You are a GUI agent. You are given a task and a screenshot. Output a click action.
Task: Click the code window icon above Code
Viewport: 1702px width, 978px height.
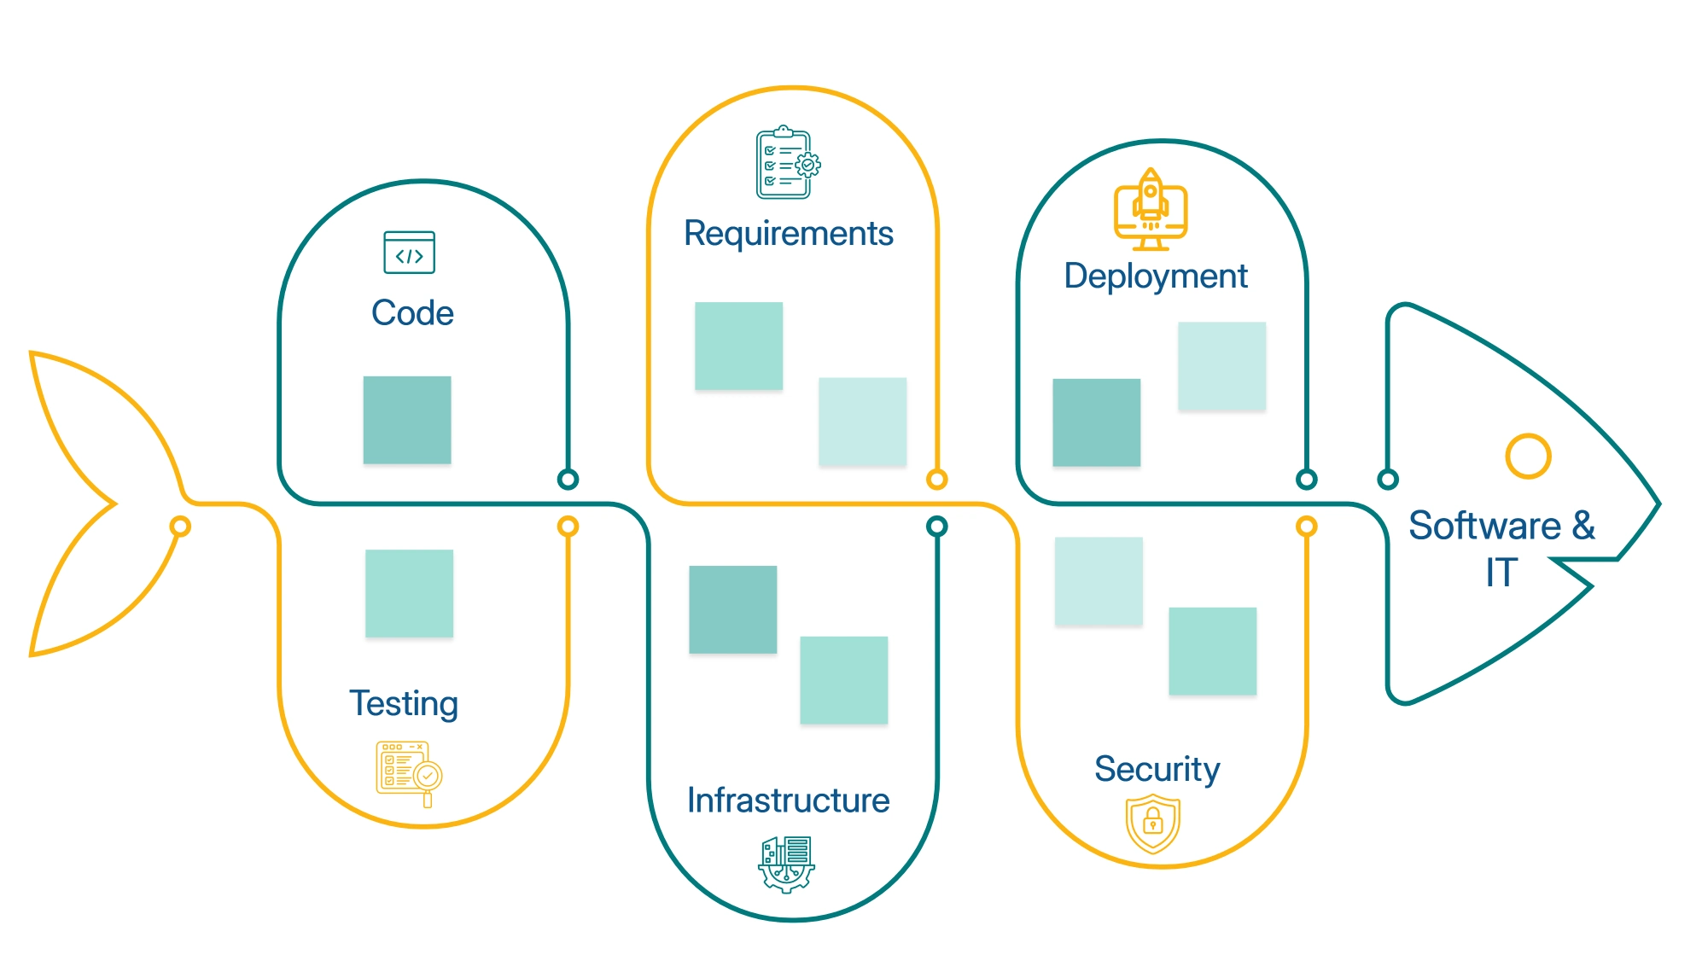pyautogui.click(x=409, y=253)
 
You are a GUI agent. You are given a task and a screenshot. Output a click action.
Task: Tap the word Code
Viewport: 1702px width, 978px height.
pyautogui.click(x=412, y=313)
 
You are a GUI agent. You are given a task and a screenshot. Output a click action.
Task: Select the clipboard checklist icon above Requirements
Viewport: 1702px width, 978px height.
pyautogui.click(x=787, y=163)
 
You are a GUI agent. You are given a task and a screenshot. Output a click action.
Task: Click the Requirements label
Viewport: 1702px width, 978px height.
pyautogui.click(x=788, y=234)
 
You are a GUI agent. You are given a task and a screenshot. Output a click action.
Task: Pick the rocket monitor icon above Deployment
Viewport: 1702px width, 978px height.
pyautogui.click(x=1151, y=209)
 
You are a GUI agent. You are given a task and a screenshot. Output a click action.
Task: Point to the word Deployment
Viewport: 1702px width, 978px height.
pyautogui.click(x=1156, y=277)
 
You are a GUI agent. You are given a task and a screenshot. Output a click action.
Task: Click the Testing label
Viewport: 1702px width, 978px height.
pyautogui.click(x=404, y=704)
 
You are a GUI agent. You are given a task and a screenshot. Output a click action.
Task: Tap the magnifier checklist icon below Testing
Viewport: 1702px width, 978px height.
pyautogui.click(x=409, y=773)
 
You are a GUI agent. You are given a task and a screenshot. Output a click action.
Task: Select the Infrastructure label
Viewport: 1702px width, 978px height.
pyautogui.click(x=788, y=800)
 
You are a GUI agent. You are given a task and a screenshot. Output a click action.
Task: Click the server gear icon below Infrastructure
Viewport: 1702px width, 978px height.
pyautogui.click(x=786, y=864)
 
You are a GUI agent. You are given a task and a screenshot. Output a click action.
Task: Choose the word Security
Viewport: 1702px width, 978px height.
pyautogui.click(x=1157, y=769)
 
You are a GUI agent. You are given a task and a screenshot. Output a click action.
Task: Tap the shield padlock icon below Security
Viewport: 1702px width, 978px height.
pyautogui.click(x=1153, y=824)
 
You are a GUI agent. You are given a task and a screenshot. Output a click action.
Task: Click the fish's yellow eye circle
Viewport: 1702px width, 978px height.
pyautogui.click(x=1528, y=457)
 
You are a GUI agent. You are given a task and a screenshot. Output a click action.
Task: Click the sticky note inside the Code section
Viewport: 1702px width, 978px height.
pyautogui.click(x=407, y=420)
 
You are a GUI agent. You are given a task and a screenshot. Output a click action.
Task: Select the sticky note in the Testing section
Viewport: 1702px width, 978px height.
pyautogui.click(x=409, y=593)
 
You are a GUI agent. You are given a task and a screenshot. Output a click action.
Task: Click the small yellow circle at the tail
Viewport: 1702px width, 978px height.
pyautogui.click(x=180, y=526)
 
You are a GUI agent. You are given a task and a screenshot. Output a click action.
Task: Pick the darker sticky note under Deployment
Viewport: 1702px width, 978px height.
pyautogui.click(x=1096, y=422)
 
